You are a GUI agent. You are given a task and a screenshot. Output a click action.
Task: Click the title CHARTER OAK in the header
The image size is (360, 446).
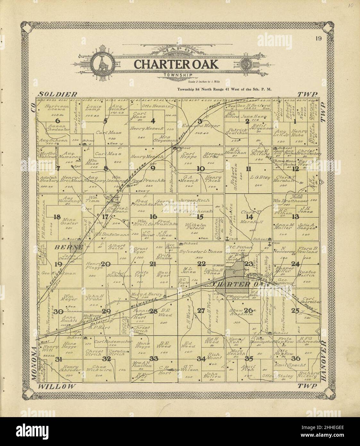point(176,64)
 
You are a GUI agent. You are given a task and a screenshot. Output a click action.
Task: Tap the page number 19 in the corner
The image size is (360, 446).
point(318,39)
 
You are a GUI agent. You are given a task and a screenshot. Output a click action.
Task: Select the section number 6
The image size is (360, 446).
point(58,121)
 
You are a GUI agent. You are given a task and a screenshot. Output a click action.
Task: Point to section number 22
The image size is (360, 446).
point(201,264)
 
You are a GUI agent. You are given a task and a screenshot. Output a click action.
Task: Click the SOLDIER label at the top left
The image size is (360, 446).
point(58,94)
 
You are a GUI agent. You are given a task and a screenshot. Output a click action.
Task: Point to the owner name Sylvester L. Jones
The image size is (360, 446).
point(201,252)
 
